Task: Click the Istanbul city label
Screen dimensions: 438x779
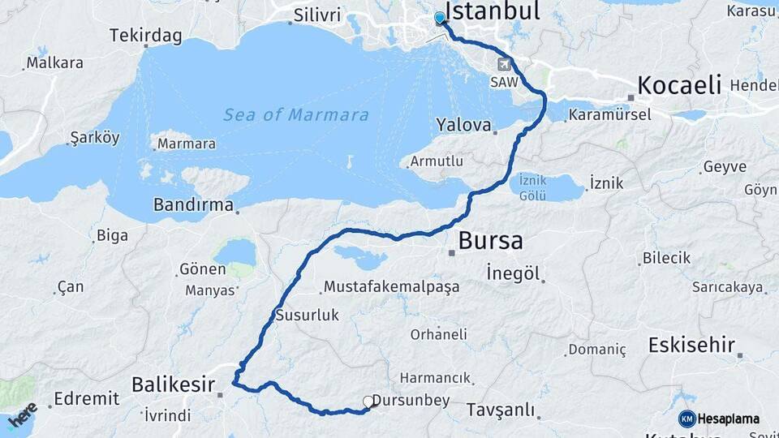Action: [493, 11]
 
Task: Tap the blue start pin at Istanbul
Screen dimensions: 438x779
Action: [440, 18]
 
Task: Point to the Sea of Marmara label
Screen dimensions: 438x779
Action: [296, 115]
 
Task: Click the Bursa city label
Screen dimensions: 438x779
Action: [490, 241]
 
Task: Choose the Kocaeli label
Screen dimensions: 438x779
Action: [679, 85]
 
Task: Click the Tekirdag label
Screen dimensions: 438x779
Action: [146, 37]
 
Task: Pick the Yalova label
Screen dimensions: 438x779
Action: [464, 126]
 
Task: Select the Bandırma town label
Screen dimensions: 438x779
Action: [193, 205]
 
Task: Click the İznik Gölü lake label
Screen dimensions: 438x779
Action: [534, 188]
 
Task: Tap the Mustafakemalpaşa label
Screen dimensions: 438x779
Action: [391, 286]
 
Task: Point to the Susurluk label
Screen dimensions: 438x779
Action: [307, 315]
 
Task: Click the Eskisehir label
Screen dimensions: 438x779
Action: [691, 345]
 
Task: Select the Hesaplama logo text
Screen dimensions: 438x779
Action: [728, 419]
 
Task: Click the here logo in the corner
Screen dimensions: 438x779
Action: [22, 414]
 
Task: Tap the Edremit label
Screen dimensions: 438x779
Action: [86, 399]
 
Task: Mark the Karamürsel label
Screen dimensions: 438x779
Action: [609, 114]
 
